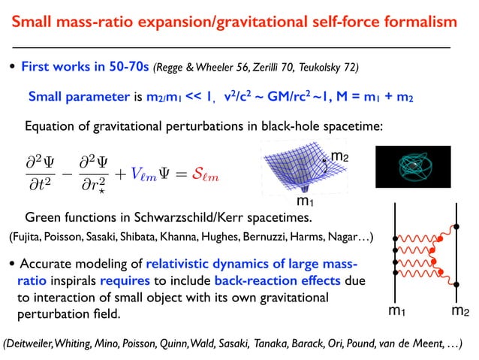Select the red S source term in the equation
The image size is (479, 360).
(x=197, y=175)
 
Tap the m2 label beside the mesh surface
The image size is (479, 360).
(x=339, y=156)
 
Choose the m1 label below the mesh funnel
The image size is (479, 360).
(x=304, y=201)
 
